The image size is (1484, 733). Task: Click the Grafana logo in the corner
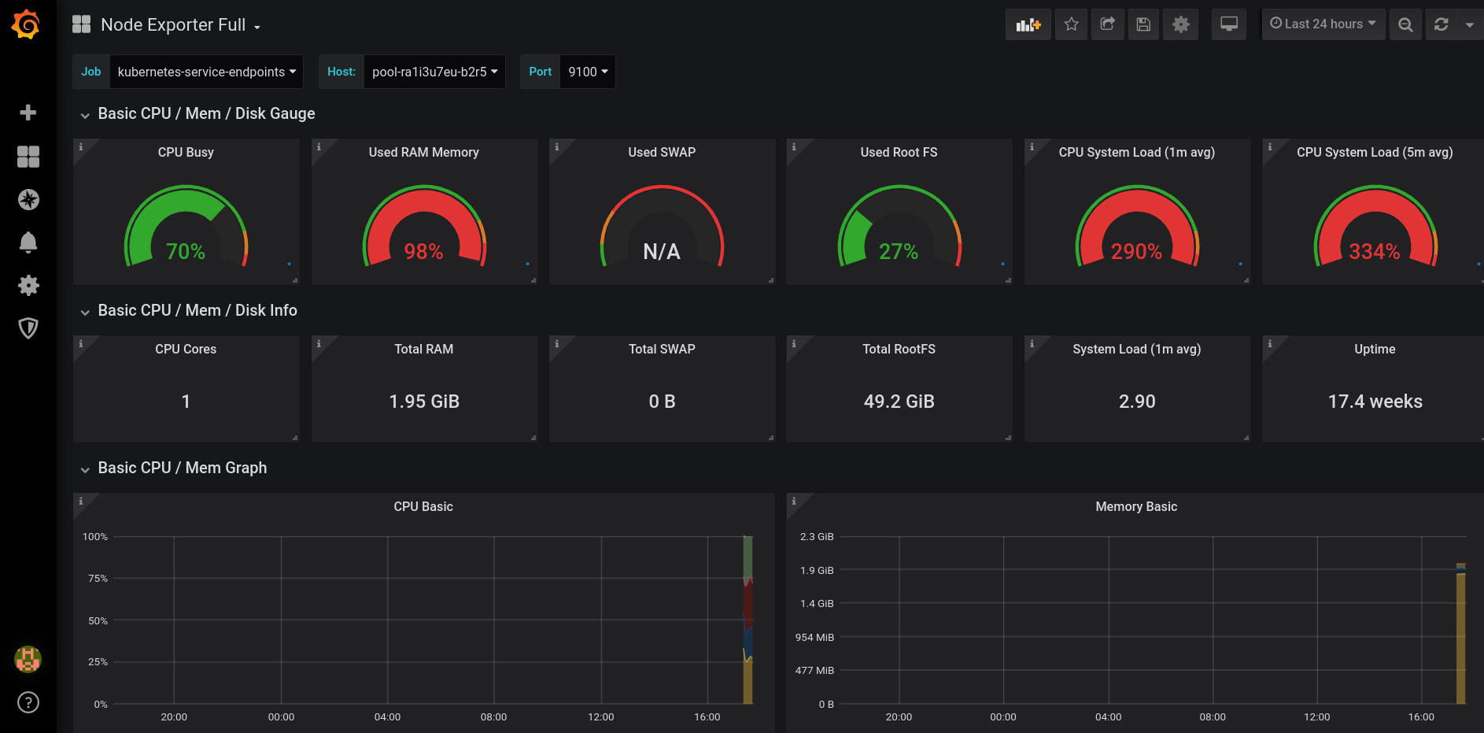26,24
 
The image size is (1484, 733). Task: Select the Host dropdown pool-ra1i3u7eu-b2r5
434,72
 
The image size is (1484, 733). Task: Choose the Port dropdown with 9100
588,72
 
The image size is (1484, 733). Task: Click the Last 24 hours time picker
1323,24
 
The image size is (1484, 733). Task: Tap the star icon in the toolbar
1071,24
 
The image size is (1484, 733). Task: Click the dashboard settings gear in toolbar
1180,24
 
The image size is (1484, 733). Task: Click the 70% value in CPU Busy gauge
186,251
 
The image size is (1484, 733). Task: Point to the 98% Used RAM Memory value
423,251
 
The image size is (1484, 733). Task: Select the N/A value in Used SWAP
662,251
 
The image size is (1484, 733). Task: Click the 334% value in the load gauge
1374,251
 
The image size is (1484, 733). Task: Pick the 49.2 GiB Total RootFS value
899,402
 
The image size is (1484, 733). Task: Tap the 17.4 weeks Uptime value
1375,402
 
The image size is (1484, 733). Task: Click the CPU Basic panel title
423,506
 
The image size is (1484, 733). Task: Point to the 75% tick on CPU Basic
98,578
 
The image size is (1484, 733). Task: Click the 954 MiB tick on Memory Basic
814,637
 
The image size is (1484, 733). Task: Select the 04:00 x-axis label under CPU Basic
387,716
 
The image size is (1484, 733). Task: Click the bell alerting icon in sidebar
28,242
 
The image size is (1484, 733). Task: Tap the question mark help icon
28,702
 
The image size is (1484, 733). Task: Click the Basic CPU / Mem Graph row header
182,468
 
